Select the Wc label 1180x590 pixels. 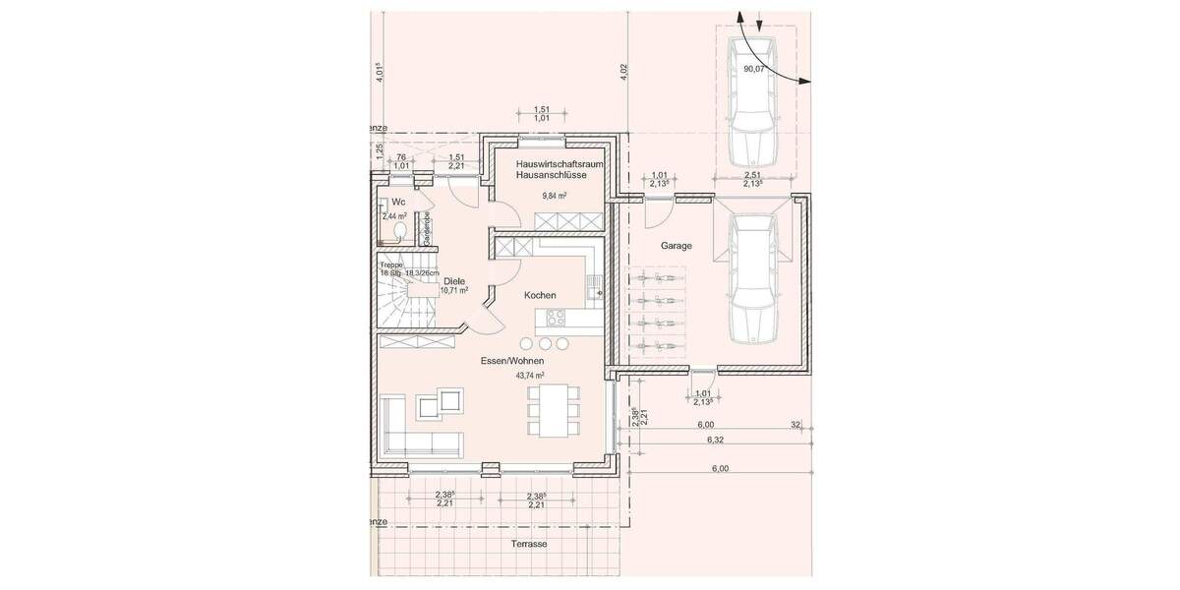[x=397, y=202]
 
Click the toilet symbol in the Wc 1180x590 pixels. [x=400, y=232]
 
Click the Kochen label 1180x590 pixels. [x=540, y=295]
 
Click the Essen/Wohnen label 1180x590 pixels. [x=511, y=361]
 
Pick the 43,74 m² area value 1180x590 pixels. [x=530, y=376]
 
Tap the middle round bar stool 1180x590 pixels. [x=543, y=343]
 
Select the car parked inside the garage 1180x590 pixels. [x=753, y=279]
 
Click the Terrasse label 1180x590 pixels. [x=528, y=544]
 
